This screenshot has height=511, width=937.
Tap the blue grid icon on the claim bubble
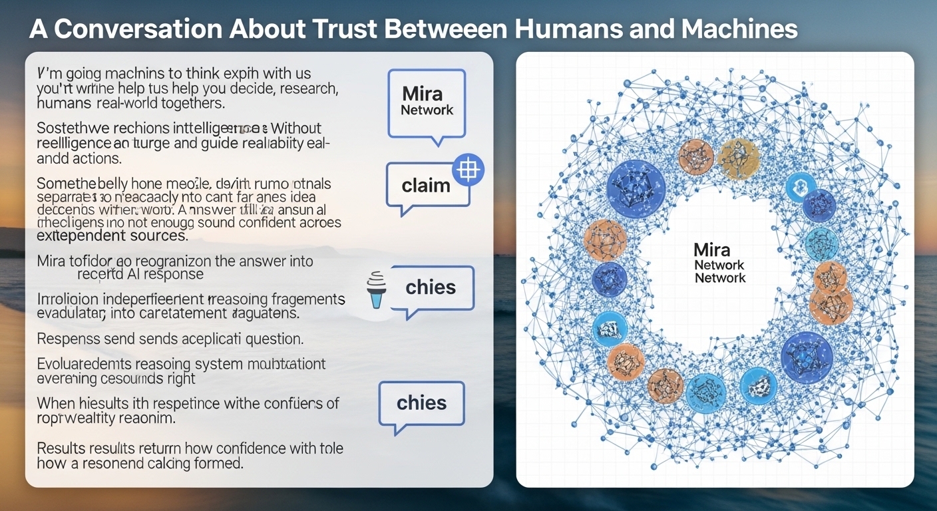[x=468, y=170]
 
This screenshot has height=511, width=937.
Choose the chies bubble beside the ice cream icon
[x=431, y=288]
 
